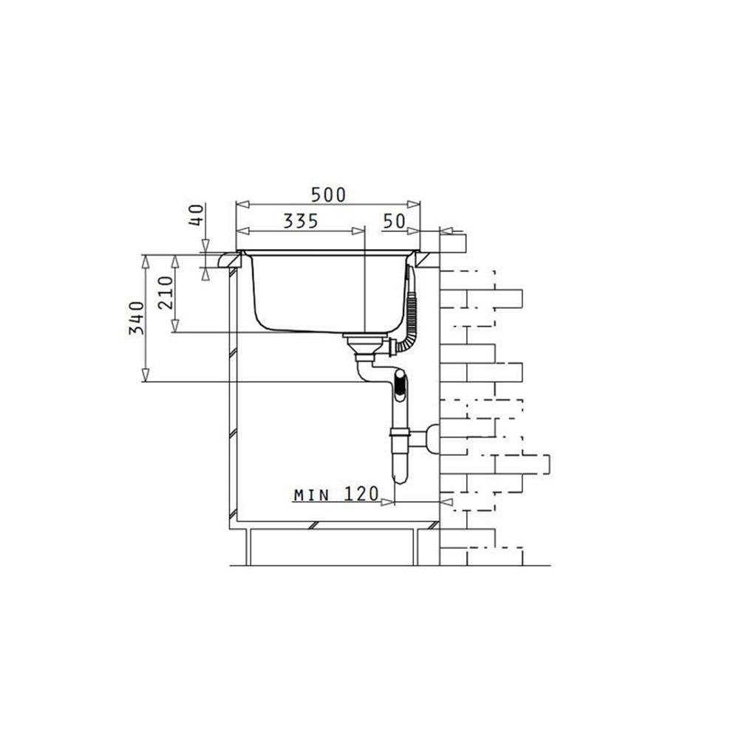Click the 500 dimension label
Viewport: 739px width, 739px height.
(329, 194)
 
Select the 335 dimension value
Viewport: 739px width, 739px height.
(301, 220)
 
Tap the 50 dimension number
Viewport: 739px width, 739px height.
(394, 220)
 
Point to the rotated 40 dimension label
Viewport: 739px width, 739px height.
(197, 214)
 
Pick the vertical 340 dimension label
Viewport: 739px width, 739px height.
(137, 318)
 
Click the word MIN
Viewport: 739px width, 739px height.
(312, 495)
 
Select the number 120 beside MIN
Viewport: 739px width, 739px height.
(361, 494)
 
